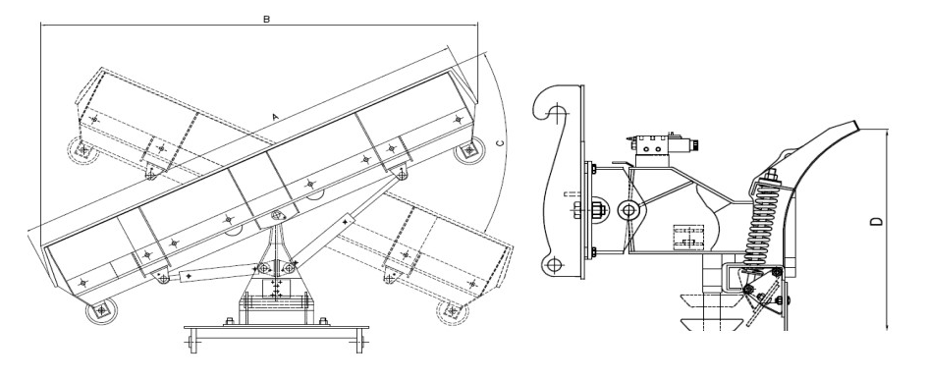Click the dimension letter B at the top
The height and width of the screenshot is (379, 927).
click(267, 19)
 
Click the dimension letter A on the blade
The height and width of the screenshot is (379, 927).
click(275, 117)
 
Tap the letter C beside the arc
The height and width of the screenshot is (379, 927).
click(500, 142)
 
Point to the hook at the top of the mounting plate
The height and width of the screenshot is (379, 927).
click(553, 105)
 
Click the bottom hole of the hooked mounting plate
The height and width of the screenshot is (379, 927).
click(554, 265)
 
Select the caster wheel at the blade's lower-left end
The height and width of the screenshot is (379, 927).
click(102, 310)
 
